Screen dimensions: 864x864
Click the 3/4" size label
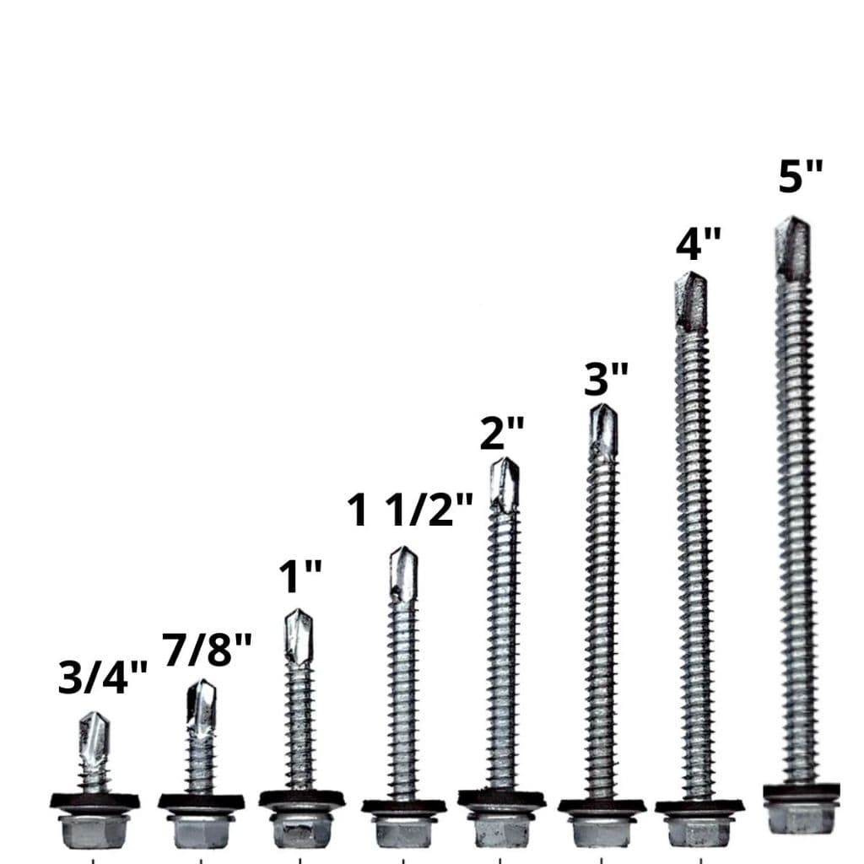click(x=103, y=677)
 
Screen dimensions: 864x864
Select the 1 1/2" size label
click(x=410, y=510)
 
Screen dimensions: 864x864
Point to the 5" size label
click(x=801, y=175)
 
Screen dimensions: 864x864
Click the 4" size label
click(x=699, y=243)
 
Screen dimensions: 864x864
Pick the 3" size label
click(x=606, y=378)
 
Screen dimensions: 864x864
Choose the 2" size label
click(x=502, y=433)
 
